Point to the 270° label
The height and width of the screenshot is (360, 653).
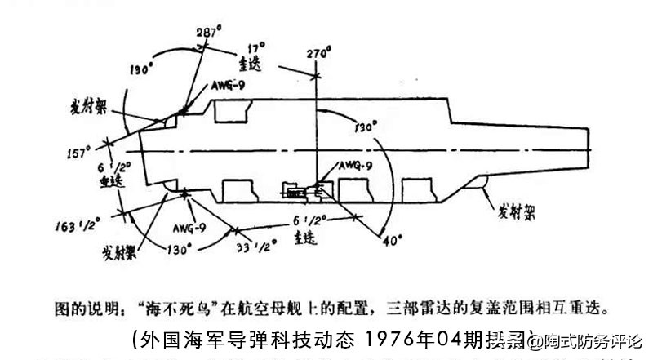316,56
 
